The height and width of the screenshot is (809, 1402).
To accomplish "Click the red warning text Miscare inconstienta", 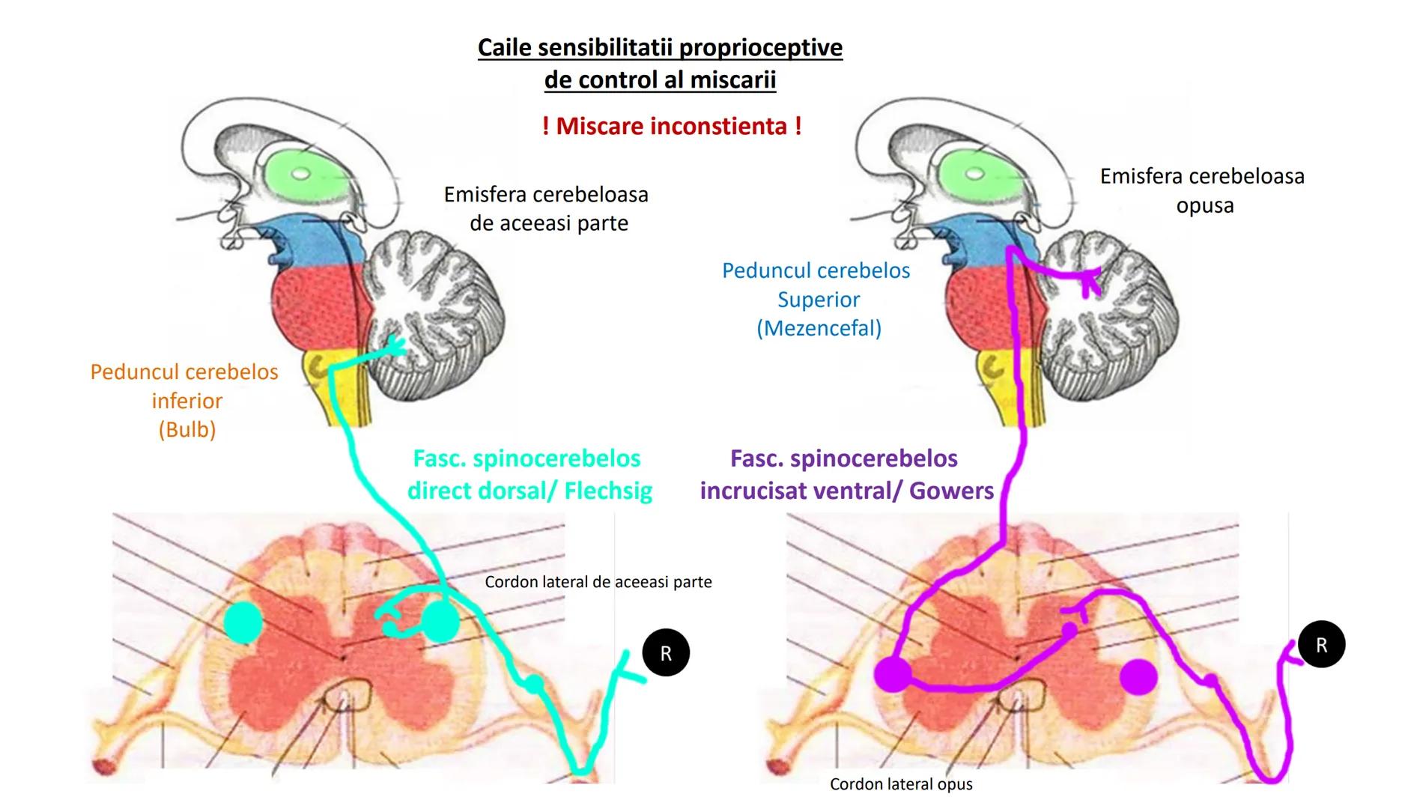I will [x=672, y=126].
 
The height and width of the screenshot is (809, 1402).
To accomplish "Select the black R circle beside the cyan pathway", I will [x=666, y=653].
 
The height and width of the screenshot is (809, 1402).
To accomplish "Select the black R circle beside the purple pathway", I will [x=1321, y=645].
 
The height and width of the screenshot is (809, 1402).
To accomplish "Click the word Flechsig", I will [x=608, y=491].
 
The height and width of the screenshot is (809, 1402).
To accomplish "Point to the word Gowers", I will [x=951, y=491].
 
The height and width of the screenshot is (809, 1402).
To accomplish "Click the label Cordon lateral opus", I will [x=901, y=784].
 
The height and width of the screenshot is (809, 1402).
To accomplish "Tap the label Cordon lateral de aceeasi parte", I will [x=598, y=582].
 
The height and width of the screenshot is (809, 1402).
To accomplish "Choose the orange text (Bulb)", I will [x=186, y=430].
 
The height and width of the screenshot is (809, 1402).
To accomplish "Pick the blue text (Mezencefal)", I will [x=819, y=328].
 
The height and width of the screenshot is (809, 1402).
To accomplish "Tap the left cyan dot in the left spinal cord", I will [x=243, y=622].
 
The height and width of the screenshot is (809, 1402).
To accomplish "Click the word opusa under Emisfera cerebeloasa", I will [x=1204, y=206].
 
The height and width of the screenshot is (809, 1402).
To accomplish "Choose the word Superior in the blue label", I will [x=819, y=300].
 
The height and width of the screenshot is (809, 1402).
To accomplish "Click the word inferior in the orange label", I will [x=186, y=402].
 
